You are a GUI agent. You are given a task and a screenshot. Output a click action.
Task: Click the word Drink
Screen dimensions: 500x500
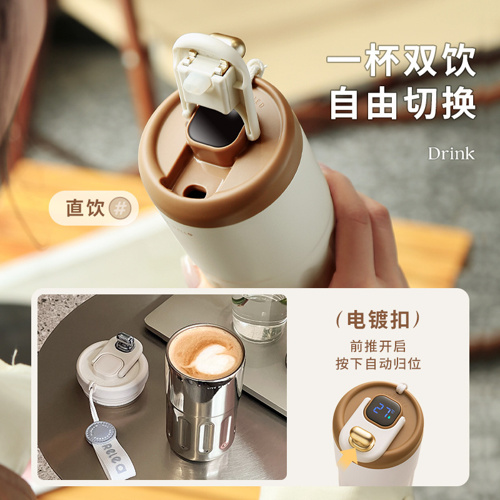pyautogui.click(x=451, y=153)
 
